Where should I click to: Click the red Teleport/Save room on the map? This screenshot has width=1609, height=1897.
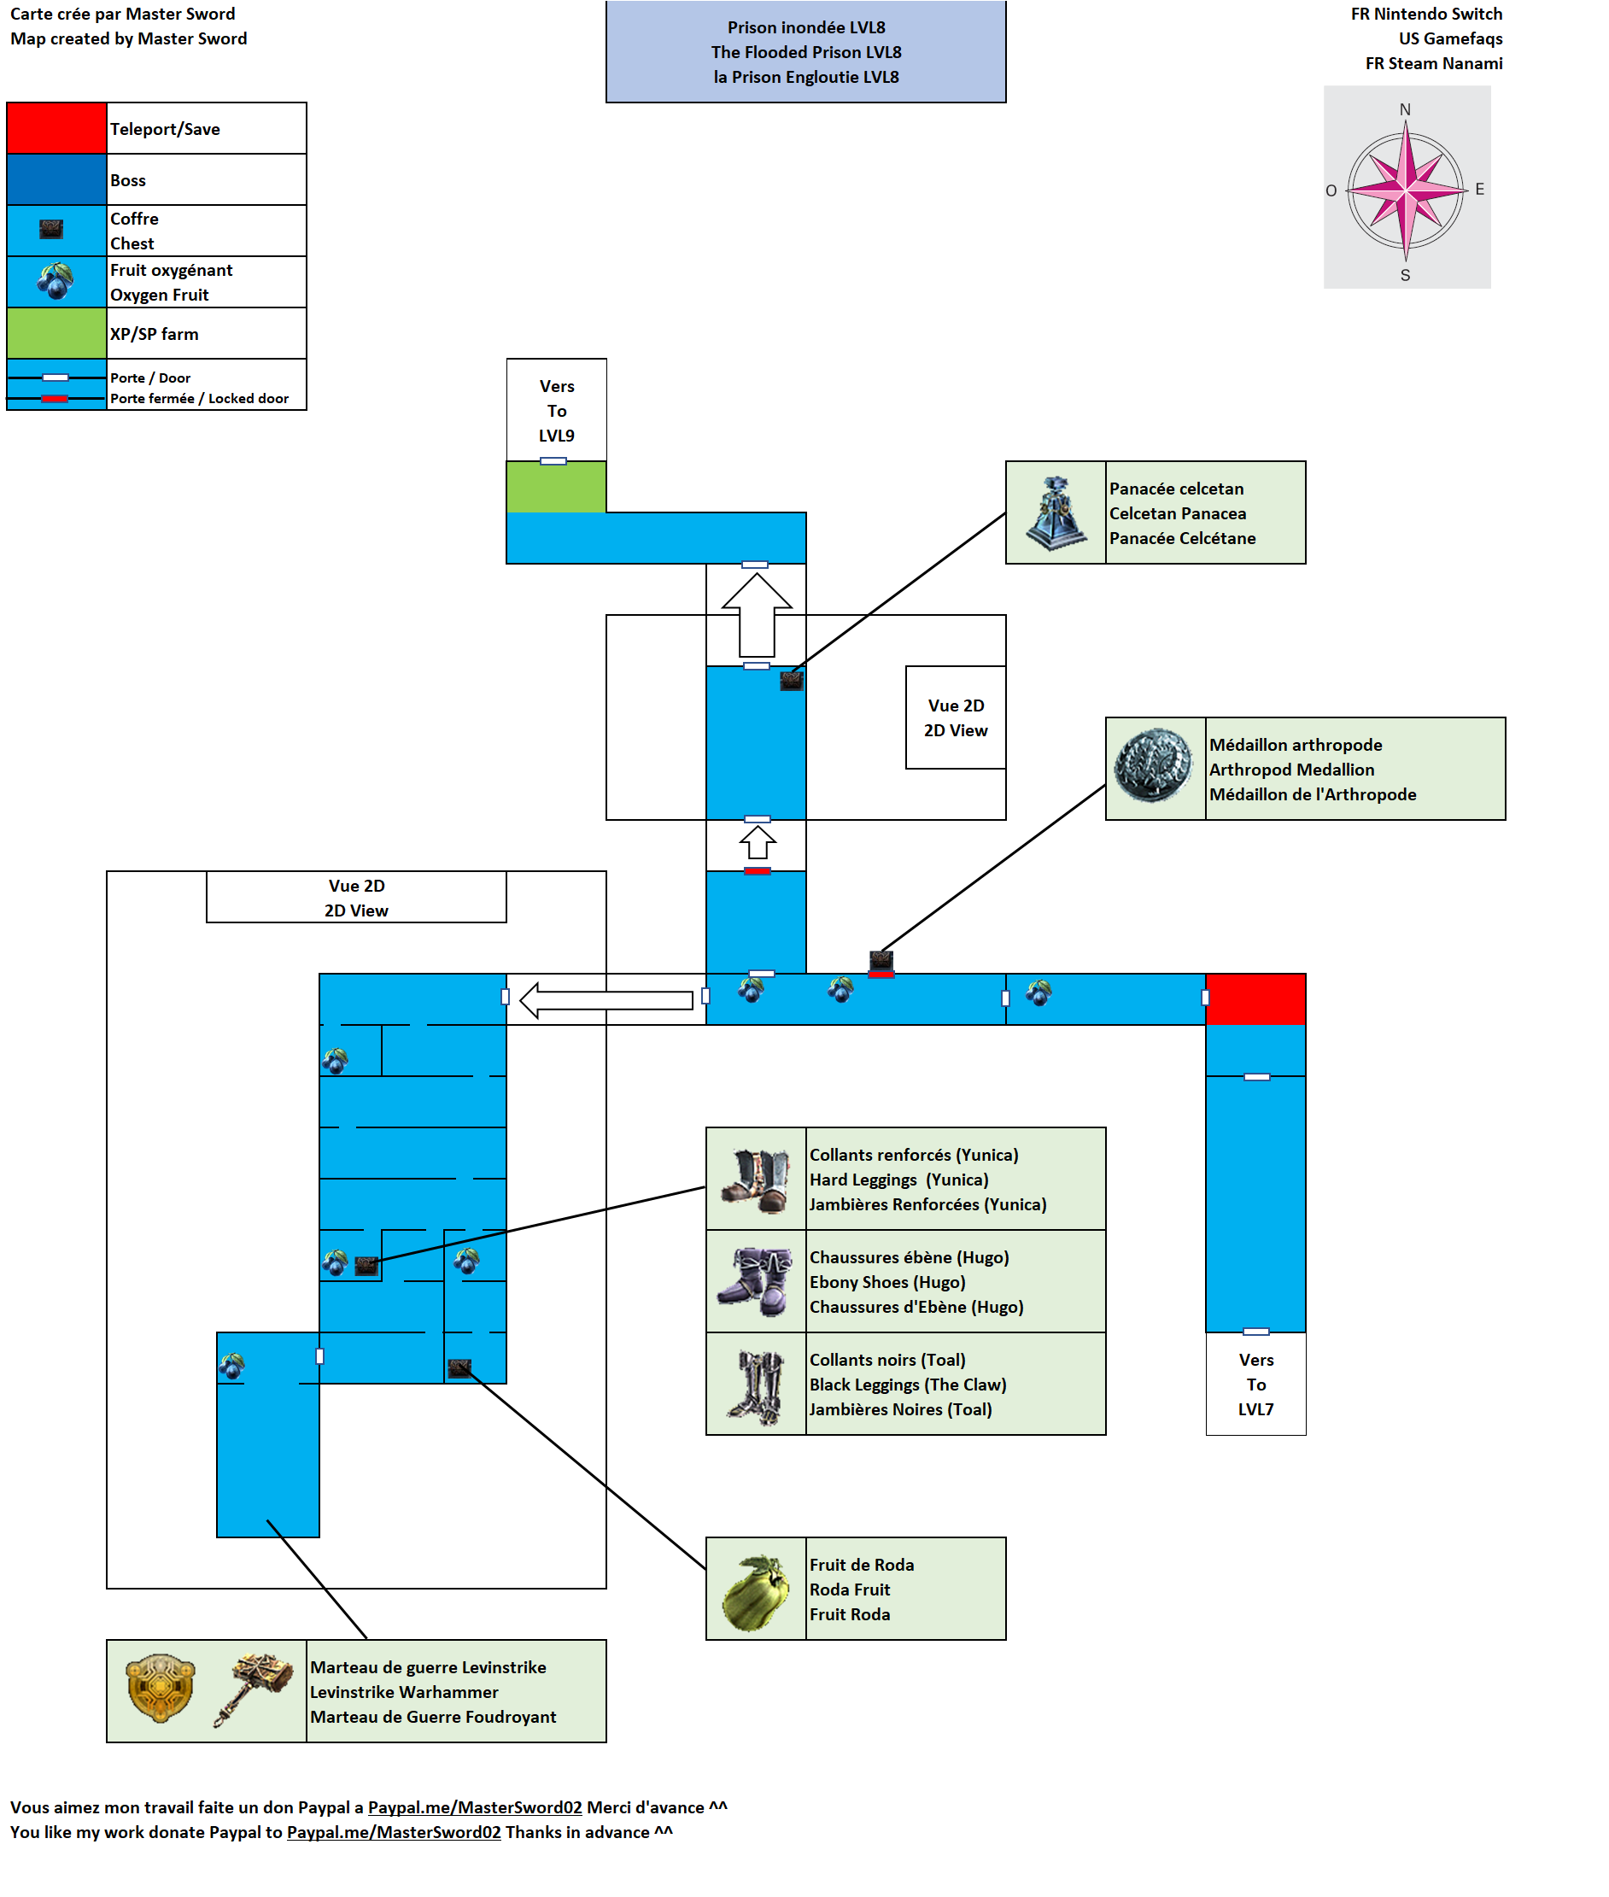pos(1255,998)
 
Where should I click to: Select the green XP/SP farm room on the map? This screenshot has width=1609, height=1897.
pos(555,487)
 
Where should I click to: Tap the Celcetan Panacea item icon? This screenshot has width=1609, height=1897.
pos(1056,512)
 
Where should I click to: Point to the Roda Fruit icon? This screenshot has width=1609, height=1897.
pos(755,1591)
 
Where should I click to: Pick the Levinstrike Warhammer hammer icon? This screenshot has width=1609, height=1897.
pos(255,1689)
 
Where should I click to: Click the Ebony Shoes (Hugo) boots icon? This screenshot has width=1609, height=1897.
pos(755,1280)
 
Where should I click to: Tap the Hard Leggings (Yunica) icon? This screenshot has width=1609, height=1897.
pos(756,1180)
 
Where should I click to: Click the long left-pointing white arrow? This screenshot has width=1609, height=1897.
pos(606,999)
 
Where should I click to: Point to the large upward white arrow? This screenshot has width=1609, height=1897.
pos(756,614)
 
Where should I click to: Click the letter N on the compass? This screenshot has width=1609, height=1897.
pos(1405,109)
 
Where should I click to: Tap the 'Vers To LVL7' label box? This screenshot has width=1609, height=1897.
pos(1255,1384)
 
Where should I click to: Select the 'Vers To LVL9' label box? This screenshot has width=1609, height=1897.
pos(556,411)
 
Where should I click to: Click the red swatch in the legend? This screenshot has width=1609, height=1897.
pos(56,127)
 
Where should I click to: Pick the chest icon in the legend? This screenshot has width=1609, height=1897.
pos(51,229)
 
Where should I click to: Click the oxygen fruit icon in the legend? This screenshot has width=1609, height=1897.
pos(56,281)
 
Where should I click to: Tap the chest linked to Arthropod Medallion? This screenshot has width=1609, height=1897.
pos(881,958)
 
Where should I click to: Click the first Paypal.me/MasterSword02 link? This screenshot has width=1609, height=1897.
pos(474,1806)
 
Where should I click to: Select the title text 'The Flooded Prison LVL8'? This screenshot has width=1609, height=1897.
pos(805,52)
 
